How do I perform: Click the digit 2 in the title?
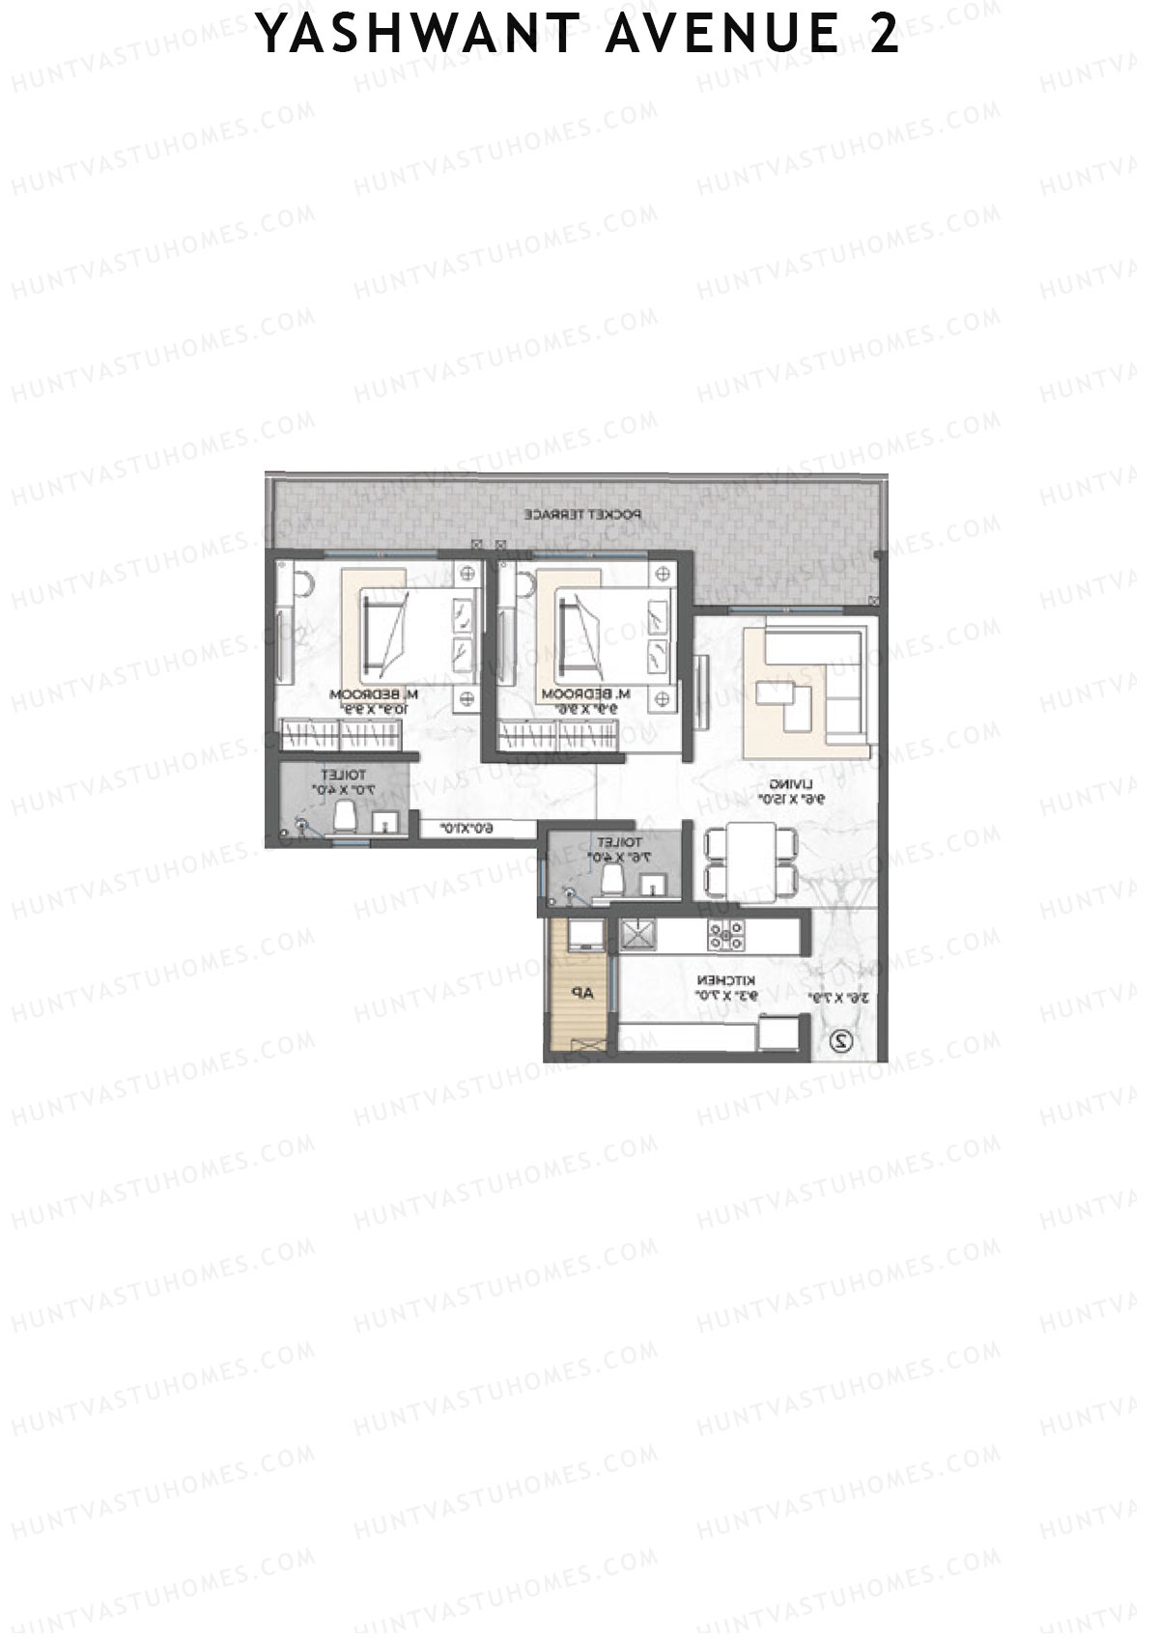click(884, 35)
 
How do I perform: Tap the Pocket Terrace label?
click(582, 515)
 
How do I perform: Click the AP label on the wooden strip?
click(579, 993)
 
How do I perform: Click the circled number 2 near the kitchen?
click(842, 1041)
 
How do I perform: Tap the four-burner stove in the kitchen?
click(727, 933)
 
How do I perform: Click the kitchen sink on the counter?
click(637, 934)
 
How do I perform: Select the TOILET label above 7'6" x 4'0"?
click(619, 842)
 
